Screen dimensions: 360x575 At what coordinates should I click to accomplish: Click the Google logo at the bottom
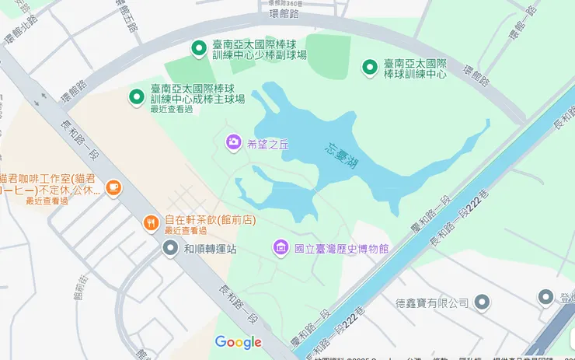(238, 342)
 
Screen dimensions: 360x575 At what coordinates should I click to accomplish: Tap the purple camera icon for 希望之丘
(233, 142)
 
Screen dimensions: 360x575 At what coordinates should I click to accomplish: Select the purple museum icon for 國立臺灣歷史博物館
(281, 248)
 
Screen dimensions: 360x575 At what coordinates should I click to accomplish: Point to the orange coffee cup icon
(113, 187)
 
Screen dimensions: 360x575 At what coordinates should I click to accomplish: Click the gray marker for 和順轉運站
(170, 249)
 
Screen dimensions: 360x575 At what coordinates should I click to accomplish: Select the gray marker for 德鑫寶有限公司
(482, 302)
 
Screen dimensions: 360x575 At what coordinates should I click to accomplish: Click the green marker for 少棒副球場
(199, 49)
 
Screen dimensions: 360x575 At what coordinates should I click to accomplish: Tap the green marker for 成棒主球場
(137, 96)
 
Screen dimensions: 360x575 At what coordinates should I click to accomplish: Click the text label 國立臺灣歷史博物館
(341, 249)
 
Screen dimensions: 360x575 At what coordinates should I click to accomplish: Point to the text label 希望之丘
(267, 143)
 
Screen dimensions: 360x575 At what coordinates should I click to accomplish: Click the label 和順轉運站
(210, 250)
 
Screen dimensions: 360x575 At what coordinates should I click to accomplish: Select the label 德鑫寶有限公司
(432, 302)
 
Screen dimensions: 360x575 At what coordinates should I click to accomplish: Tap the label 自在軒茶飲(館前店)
(210, 220)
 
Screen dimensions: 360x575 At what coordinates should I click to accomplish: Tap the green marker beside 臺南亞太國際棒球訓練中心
(370, 68)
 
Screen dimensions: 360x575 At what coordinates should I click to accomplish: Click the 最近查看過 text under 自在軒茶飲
(186, 231)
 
